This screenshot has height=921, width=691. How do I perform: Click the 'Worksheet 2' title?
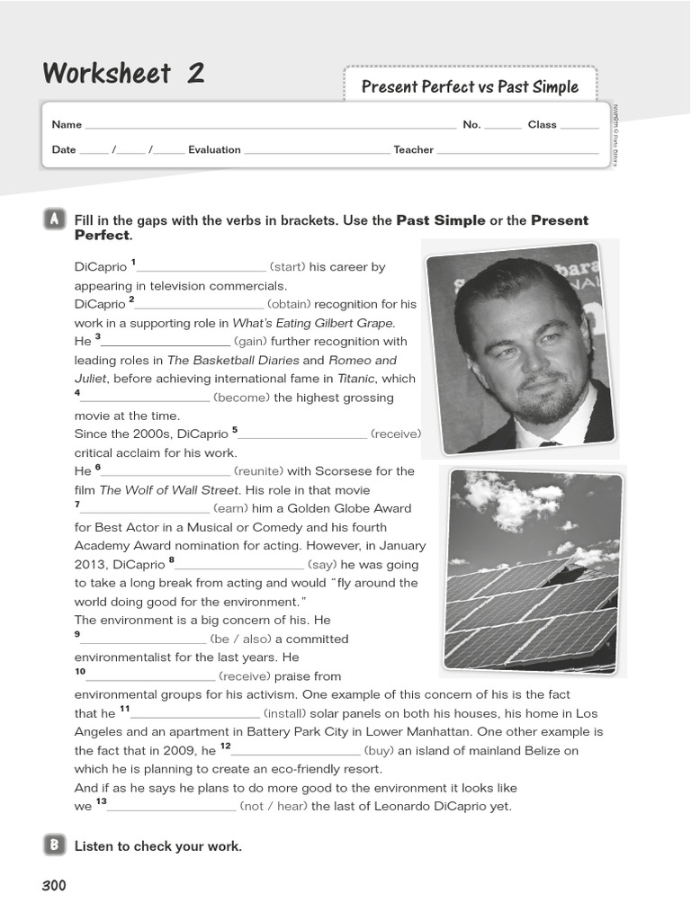pos(123,74)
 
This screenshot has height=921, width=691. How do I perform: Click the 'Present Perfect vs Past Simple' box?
pos(470,86)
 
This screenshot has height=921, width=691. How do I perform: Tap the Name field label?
pos(67,125)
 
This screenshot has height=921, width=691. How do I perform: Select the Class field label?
pos(542,125)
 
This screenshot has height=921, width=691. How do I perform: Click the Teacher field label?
pos(413,150)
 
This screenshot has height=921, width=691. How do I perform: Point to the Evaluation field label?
pos(214,150)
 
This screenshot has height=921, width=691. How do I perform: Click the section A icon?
pos(54,219)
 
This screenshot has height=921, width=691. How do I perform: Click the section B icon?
pos(54,845)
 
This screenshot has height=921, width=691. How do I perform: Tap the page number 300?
pos(54,886)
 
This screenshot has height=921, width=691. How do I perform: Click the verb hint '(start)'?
pos(288,267)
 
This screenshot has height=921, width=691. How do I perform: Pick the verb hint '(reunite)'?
pos(259,471)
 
